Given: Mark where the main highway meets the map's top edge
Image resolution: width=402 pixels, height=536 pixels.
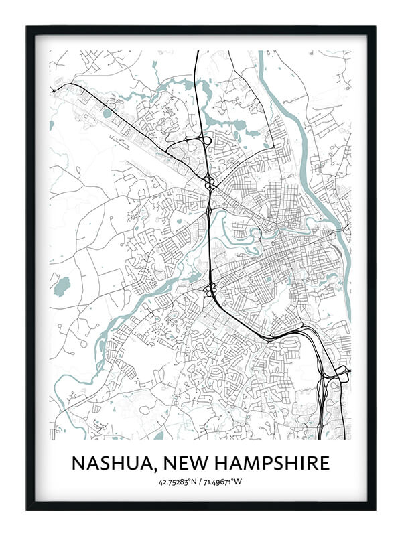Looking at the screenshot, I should (x=197, y=52).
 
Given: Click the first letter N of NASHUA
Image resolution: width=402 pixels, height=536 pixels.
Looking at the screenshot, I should (x=78, y=463).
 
